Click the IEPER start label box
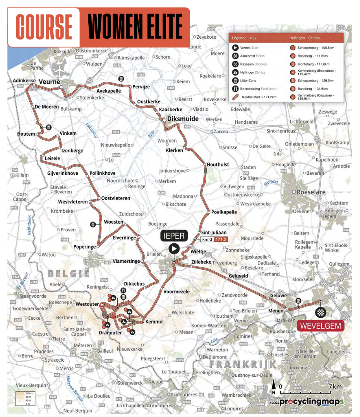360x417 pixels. (174, 235)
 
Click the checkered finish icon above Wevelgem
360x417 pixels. (321, 312)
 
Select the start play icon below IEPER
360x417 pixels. (174, 248)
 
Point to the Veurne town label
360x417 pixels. (50, 82)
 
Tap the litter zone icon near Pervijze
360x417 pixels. (122, 79)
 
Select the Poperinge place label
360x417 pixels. (85, 247)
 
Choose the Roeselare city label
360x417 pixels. (310, 192)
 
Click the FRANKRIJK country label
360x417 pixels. (243, 364)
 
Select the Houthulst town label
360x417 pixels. (218, 164)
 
